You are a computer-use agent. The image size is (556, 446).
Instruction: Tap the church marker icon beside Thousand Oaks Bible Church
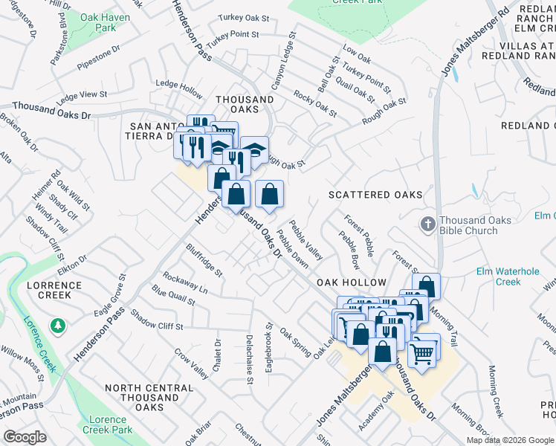427,224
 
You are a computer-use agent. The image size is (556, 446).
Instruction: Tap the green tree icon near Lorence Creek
57,326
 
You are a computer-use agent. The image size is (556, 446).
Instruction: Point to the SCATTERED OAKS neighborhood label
376,195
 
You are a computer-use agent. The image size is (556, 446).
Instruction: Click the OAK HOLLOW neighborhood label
352,283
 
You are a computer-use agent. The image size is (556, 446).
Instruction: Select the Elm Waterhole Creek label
508,276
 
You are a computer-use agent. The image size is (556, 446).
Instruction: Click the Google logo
25,437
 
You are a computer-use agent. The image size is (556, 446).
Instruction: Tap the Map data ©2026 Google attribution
510,440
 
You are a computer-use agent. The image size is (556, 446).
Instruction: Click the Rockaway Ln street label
184,282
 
